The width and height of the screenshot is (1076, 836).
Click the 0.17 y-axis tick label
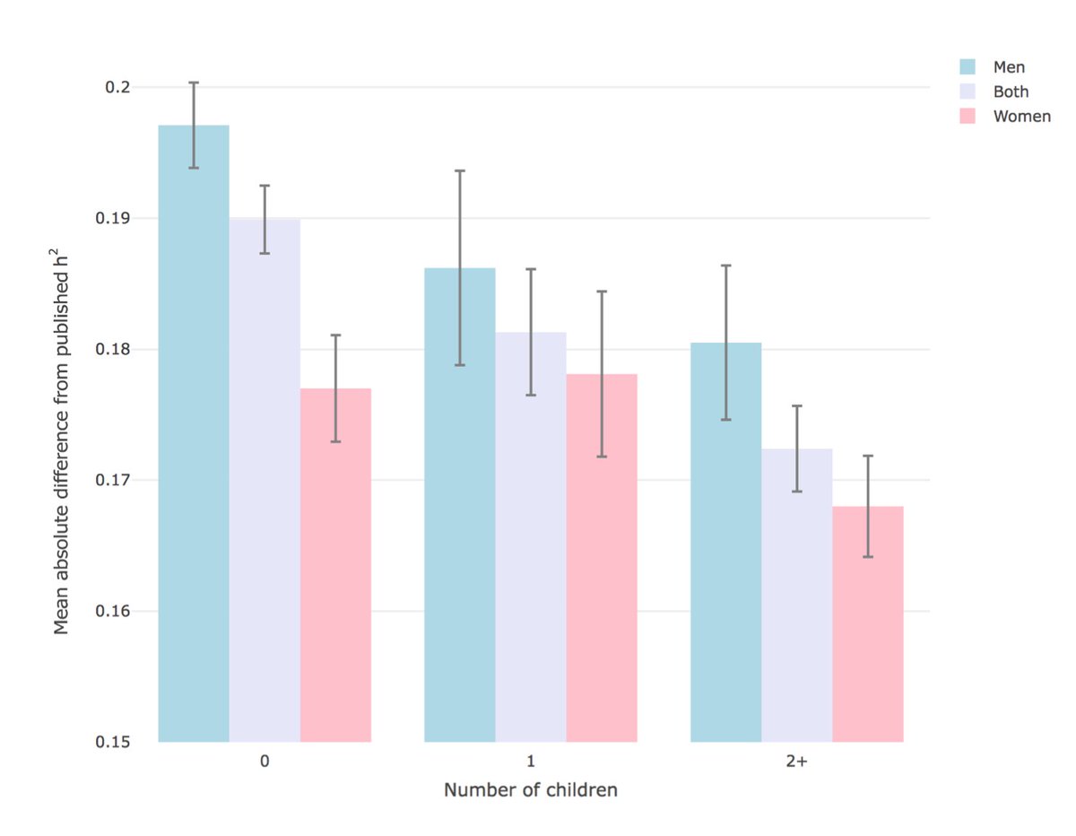[x=114, y=481]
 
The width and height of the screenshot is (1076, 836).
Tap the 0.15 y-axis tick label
[x=114, y=743]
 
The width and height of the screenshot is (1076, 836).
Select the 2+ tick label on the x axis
[x=796, y=762]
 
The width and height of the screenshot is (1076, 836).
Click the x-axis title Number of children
[x=531, y=791]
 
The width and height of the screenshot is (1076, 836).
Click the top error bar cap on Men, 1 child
[x=460, y=170]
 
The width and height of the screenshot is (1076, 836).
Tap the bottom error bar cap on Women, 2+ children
[x=867, y=557]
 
